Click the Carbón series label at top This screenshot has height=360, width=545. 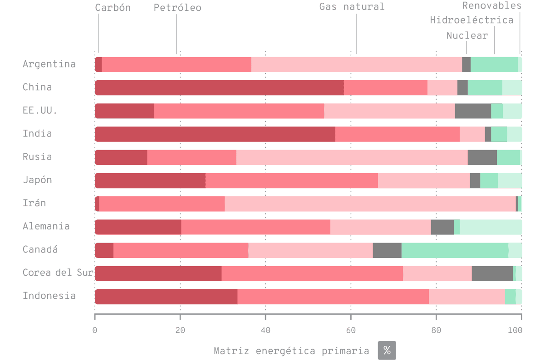(113, 8)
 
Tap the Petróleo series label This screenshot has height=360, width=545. (177, 8)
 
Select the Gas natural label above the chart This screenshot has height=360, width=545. (352, 6)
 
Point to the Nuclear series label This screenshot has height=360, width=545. (467, 35)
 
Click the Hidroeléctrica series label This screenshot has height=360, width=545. (471, 20)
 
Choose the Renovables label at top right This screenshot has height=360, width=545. (491, 5)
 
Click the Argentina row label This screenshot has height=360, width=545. (49, 64)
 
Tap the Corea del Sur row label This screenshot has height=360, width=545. (58, 272)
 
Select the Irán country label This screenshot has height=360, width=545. (34, 203)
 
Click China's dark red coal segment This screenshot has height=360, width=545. (219, 88)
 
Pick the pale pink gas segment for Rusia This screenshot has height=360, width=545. (352, 157)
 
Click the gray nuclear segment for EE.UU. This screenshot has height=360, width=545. (473, 111)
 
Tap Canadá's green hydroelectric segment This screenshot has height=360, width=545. (455, 250)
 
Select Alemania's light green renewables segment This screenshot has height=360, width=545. (491, 227)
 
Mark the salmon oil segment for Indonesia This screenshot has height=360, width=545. (333, 297)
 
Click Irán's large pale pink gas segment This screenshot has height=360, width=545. (370, 204)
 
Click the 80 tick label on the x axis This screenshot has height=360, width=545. (436, 330)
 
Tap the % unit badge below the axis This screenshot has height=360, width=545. (387, 350)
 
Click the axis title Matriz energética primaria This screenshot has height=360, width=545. (291, 350)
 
